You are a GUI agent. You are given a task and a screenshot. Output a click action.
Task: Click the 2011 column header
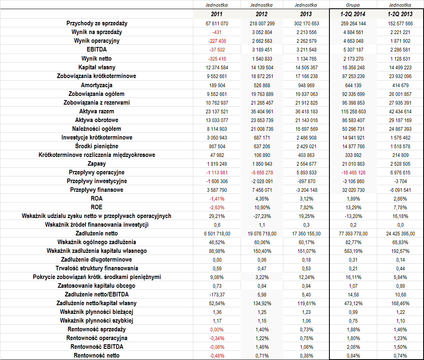pyautogui.click(x=217, y=14)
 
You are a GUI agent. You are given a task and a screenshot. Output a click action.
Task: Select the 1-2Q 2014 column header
pyautogui.click(x=353, y=14)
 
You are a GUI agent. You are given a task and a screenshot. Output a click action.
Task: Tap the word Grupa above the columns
pyautogui.click(x=353, y=5)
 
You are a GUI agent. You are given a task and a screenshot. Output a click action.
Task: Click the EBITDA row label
pyautogui.click(x=97, y=49)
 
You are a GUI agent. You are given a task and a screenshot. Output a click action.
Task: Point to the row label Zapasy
pyautogui.click(x=97, y=164)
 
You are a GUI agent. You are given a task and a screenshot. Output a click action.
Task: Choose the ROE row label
pyautogui.click(x=97, y=207)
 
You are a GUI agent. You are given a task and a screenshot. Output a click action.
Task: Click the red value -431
pyautogui.click(x=217, y=32)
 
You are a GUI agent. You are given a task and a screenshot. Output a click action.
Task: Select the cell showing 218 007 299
pyautogui.click(x=262, y=24)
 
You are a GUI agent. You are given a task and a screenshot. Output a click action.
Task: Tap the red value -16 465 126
pyautogui.click(x=353, y=173)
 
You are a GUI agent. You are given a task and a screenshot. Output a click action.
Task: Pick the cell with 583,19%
pyautogui.click(x=353, y=251)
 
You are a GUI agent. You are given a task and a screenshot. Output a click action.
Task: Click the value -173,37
pyautogui.click(x=217, y=295)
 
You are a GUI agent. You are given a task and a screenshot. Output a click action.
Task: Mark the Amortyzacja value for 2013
pyautogui.click(x=306, y=86)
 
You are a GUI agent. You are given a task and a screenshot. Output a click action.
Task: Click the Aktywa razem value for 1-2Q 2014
pyautogui.click(x=353, y=112)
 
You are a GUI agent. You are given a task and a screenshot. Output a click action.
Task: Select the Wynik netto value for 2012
pyautogui.click(x=262, y=59)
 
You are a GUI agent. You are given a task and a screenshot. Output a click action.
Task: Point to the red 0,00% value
pyautogui.click(x=217, y=330)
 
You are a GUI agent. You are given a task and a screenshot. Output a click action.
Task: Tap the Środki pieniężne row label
pyautogui.click(x=97, y=146)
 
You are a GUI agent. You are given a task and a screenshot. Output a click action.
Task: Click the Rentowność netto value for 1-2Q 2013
pyautogui.click(x=400, y=356)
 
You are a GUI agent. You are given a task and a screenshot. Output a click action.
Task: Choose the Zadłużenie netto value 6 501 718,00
pyautogui.click(x=217, y=234)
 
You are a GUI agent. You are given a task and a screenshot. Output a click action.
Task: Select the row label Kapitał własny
pyautogui.click(x=97, y=67)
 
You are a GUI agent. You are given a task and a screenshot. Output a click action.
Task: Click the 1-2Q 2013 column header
pyautogui.click(x=400, y=14)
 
